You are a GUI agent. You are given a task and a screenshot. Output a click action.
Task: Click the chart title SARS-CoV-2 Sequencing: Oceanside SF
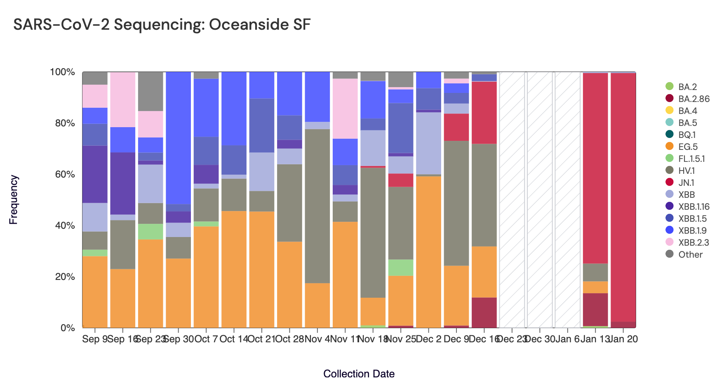(162, 25)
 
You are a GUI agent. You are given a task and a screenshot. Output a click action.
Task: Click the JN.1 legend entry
(686, 183)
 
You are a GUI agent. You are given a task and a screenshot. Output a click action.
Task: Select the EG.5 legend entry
(688, 147)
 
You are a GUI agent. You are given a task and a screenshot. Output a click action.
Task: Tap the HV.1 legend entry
(686, 171)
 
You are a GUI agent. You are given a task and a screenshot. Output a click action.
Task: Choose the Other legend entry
(690, 254)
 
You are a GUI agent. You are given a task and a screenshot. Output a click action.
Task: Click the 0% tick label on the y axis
(68, 328)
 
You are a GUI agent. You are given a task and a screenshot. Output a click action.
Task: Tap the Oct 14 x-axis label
(234, 339)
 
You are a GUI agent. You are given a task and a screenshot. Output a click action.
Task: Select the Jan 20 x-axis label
(623, 339)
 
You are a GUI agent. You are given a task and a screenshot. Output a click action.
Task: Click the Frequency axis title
(14, 200)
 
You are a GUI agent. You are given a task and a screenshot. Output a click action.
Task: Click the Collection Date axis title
(359, 374)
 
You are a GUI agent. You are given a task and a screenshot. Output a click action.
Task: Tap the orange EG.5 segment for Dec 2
(428, 252)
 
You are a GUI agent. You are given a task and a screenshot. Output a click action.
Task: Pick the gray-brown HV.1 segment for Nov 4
(317, 206)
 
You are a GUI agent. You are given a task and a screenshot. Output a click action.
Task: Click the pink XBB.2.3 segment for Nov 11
(345, 109)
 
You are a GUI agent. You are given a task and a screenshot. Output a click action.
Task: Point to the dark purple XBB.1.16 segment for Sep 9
(95, 174)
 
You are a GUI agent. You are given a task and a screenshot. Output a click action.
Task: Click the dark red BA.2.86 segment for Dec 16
(484, 313)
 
